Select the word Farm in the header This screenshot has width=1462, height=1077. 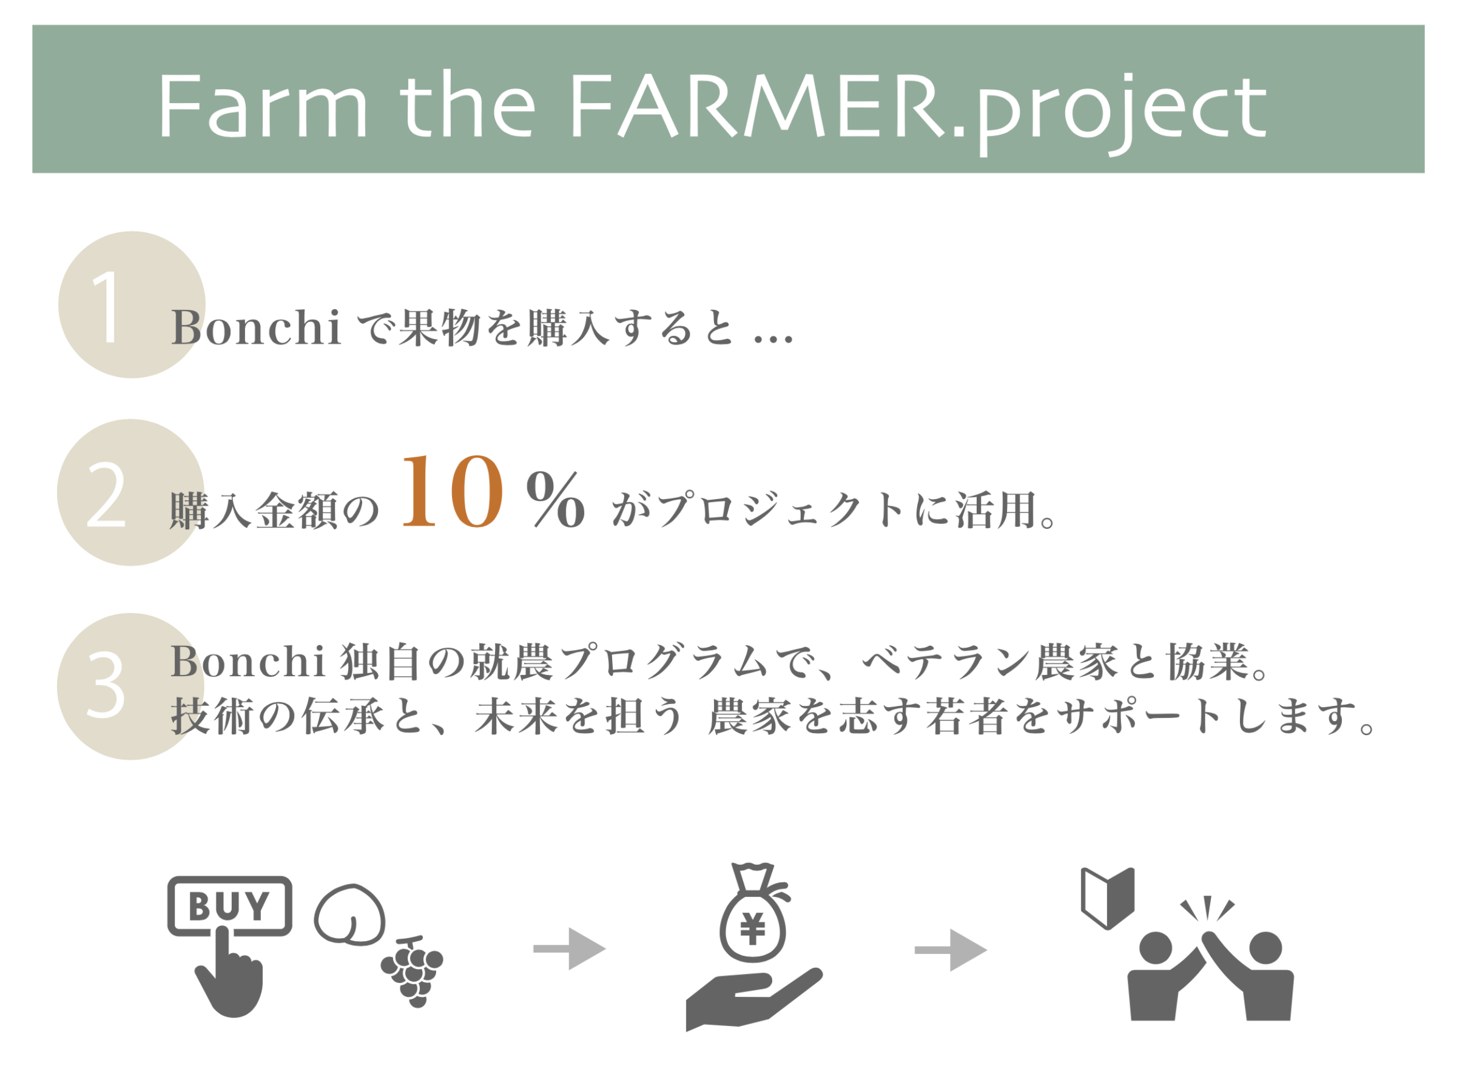click(262, 107)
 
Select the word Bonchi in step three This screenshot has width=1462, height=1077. click(249, 662)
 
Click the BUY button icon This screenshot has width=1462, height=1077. click(229, 906)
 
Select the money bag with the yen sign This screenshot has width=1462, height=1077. click(753, 913)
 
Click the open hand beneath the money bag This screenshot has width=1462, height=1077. click(753, 999)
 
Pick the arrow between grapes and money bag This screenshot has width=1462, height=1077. click(570, 948)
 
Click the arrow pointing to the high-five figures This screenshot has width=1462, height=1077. click(951, 950)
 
